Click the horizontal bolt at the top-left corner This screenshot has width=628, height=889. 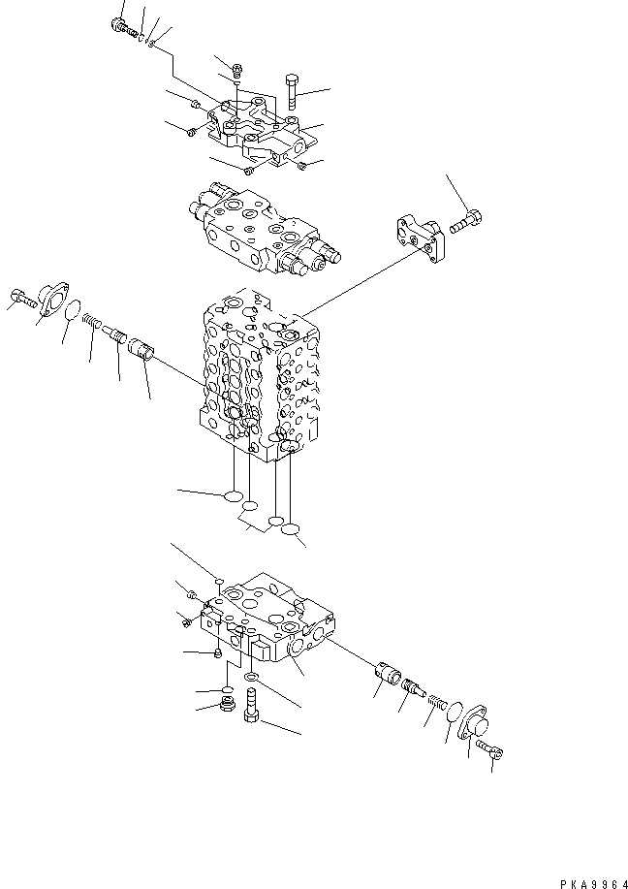click(x=124, y=28)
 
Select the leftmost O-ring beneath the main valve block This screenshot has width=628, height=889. click(x=233, y=497)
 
